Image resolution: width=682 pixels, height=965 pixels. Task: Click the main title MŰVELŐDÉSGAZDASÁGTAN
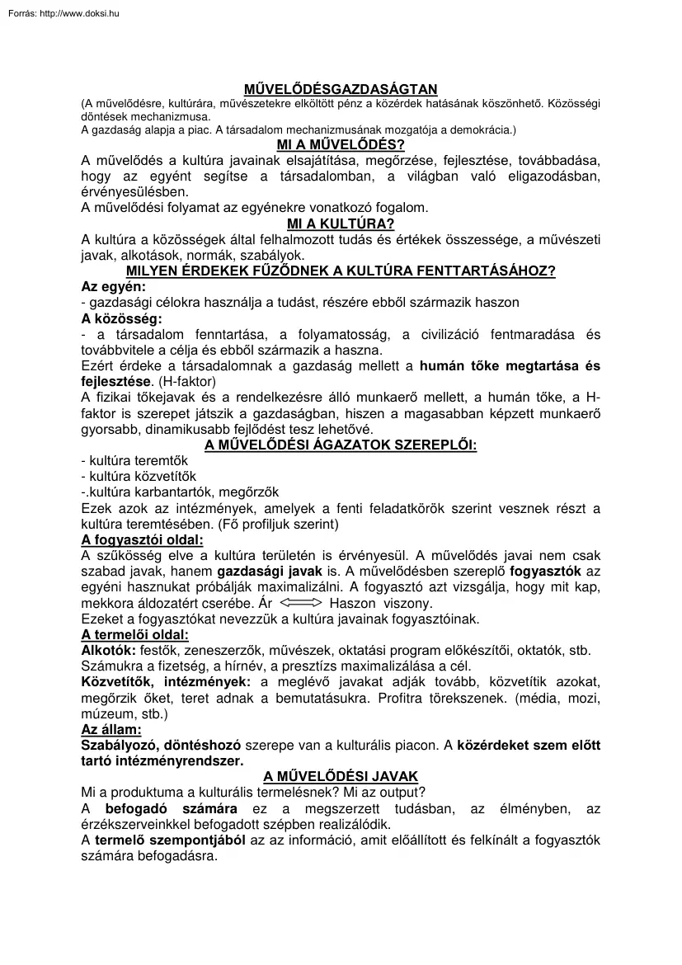click(x=341, y=89)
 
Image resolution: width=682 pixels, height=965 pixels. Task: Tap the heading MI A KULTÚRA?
click(x=341, y=224)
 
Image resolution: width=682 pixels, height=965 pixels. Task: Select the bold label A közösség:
click(x=122, y=318)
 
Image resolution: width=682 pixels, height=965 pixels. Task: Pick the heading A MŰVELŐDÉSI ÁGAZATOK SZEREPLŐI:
click(x=341, y=445)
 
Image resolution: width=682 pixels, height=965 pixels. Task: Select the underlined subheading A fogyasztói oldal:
click(x=142, y=540)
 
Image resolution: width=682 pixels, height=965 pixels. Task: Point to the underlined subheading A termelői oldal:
click(x=134, y=634)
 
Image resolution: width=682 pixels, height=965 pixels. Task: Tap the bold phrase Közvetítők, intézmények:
click(x=167, y=682)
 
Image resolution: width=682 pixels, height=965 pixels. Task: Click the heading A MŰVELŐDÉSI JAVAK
click(x=341, y=777)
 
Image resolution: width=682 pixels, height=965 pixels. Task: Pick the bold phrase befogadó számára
click(x=172, y=809)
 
